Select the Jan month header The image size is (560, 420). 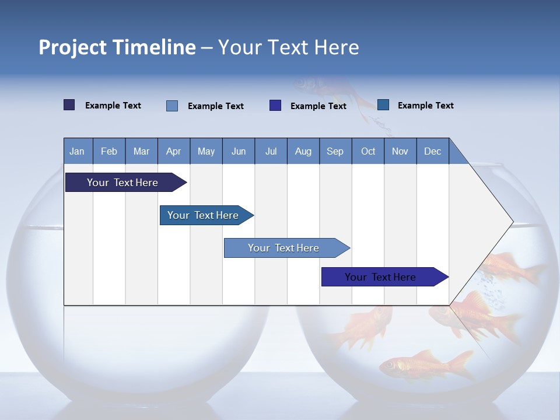coord(77,151)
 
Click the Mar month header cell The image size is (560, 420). coord(141,151)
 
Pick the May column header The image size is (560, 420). coord(206,151)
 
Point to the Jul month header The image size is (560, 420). coord(271,151)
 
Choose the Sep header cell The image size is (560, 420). coord(335,151)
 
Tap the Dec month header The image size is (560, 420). coord(432,151)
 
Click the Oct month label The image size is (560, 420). coord(368,151)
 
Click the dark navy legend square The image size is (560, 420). coord(69,105)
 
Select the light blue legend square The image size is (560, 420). coord(172,106)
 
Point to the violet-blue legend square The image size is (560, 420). coord(275,106)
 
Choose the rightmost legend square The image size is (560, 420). coord(383,105)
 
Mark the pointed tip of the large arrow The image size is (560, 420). coord(512,222)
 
